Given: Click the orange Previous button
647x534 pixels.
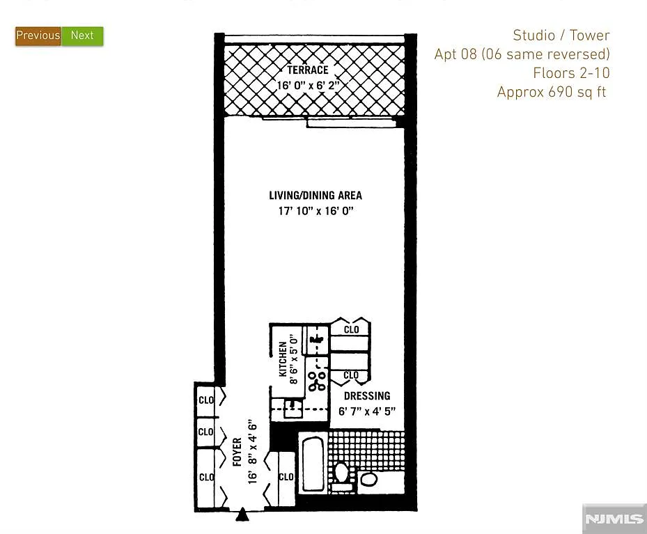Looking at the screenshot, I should coord(38,36).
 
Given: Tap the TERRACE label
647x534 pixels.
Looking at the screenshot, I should coord(307,70).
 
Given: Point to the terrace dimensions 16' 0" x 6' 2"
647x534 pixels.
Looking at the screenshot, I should coord(308,86).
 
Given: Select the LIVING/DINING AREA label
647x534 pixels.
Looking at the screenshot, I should coord(315,196).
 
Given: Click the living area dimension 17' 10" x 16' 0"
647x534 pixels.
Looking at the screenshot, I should coord(315,211).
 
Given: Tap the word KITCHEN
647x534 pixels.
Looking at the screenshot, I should coord(283,359).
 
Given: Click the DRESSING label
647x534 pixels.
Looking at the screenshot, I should coord(367,396).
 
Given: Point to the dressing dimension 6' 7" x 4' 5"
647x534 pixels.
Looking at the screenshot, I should coord(367,411).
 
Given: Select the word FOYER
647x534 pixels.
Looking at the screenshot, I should coord(237,452).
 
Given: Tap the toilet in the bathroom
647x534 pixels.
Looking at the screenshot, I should coord(341,473).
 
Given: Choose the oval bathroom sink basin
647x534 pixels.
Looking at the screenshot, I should coord(368,479).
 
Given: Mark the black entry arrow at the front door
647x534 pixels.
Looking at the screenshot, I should coord(242,515).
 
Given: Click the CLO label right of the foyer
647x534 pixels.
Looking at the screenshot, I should coord(286,477).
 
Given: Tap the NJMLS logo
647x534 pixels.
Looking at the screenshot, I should coord(614,519).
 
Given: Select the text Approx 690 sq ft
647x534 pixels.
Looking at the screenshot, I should coord(552,92).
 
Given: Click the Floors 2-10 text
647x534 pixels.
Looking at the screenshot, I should coord(571,73).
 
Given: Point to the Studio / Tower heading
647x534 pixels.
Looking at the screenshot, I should coord(561,36).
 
